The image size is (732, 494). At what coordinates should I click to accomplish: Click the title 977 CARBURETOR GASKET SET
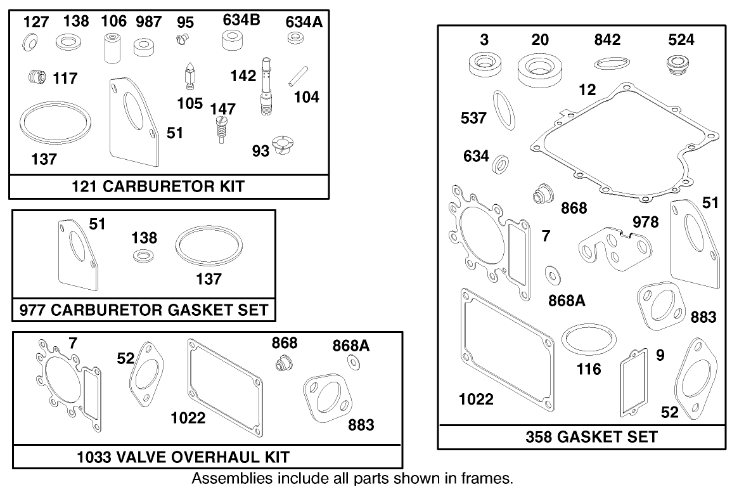(x=144, y=311)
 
